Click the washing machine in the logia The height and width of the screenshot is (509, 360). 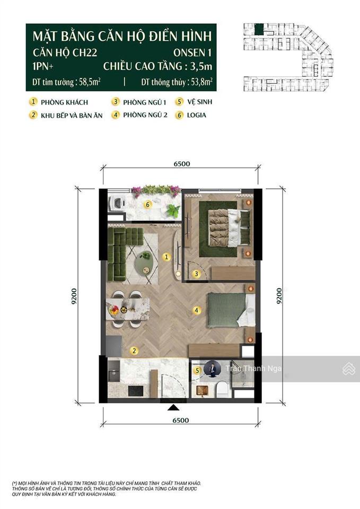tap(117, 204)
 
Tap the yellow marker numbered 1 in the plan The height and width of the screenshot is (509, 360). tap(166, 257)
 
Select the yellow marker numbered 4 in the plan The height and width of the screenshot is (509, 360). tap(196, 310)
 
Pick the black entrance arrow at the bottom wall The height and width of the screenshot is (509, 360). tap(173, 407)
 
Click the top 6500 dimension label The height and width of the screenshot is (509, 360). tap(181, 164)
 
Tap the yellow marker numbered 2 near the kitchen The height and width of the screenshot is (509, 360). tap(135, 350)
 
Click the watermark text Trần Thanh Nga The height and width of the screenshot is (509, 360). tap(254, 369)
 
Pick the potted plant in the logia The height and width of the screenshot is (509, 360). tap(172, 210)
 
